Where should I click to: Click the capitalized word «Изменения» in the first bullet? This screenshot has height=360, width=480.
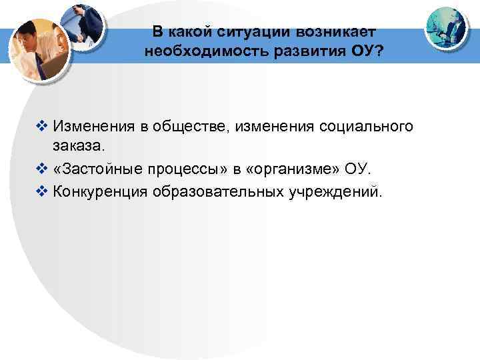93,125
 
